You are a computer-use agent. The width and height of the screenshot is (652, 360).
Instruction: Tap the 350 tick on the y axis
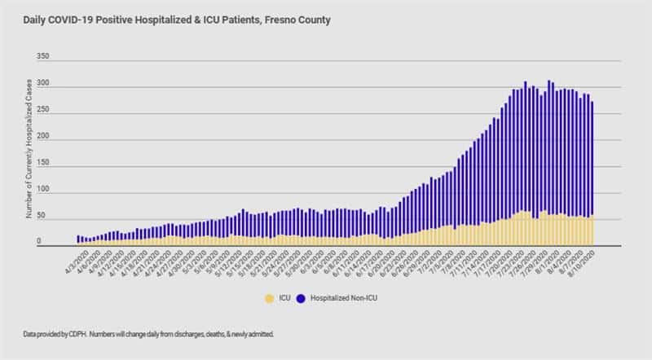pyautogui.click(x=44, y=58)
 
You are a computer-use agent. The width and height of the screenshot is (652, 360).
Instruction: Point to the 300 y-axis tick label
pyautogui.click(x=44, y=86)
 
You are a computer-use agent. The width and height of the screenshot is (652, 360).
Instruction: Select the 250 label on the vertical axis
pyautogui.click(x=44, y=112)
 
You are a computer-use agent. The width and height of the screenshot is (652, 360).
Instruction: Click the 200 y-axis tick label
pyautogui.click(x=44, y=138)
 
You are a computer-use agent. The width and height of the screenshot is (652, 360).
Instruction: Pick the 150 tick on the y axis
pyautogui.click(x=44, y=165)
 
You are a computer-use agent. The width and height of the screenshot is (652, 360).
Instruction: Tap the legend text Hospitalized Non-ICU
pyautogui.click(x=350, y=298)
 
